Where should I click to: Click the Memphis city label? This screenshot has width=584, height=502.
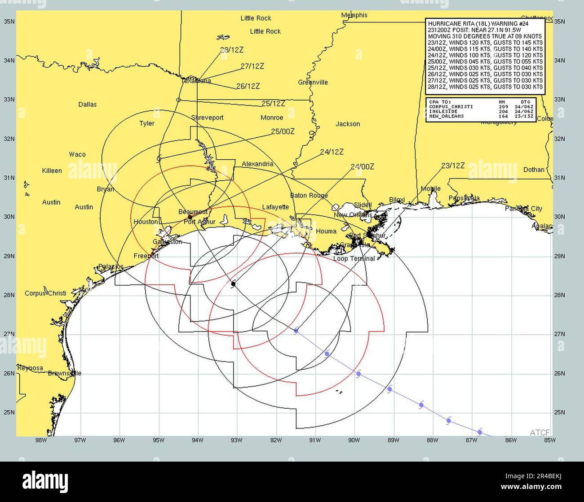[x=354, y=15]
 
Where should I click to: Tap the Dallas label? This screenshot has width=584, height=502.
[x=88, y=105]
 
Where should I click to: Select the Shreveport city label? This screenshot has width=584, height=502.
[x=207, y=118]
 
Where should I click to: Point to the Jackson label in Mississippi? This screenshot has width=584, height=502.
[x=348, y=124]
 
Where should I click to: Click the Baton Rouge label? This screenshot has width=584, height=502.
[x=309, y=196]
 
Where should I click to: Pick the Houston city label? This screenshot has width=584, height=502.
[x=146, y=222]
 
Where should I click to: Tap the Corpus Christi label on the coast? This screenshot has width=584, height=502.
[x=45, y=293]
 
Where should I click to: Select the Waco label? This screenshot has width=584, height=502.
[x=77, y=155]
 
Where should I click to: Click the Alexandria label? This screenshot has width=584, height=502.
[x=257, y=164]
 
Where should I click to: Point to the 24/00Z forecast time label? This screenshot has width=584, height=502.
[x=362, y=167]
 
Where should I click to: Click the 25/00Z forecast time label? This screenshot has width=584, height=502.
[x=283, y=131]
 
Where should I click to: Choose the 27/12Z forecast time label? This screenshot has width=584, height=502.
[x=252, y=66]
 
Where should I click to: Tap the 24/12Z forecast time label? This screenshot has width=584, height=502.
[x=332, y=153]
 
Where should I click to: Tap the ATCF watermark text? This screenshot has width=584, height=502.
[x=539, y=432]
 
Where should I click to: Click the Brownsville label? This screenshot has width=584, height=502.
[x=65, y=373]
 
